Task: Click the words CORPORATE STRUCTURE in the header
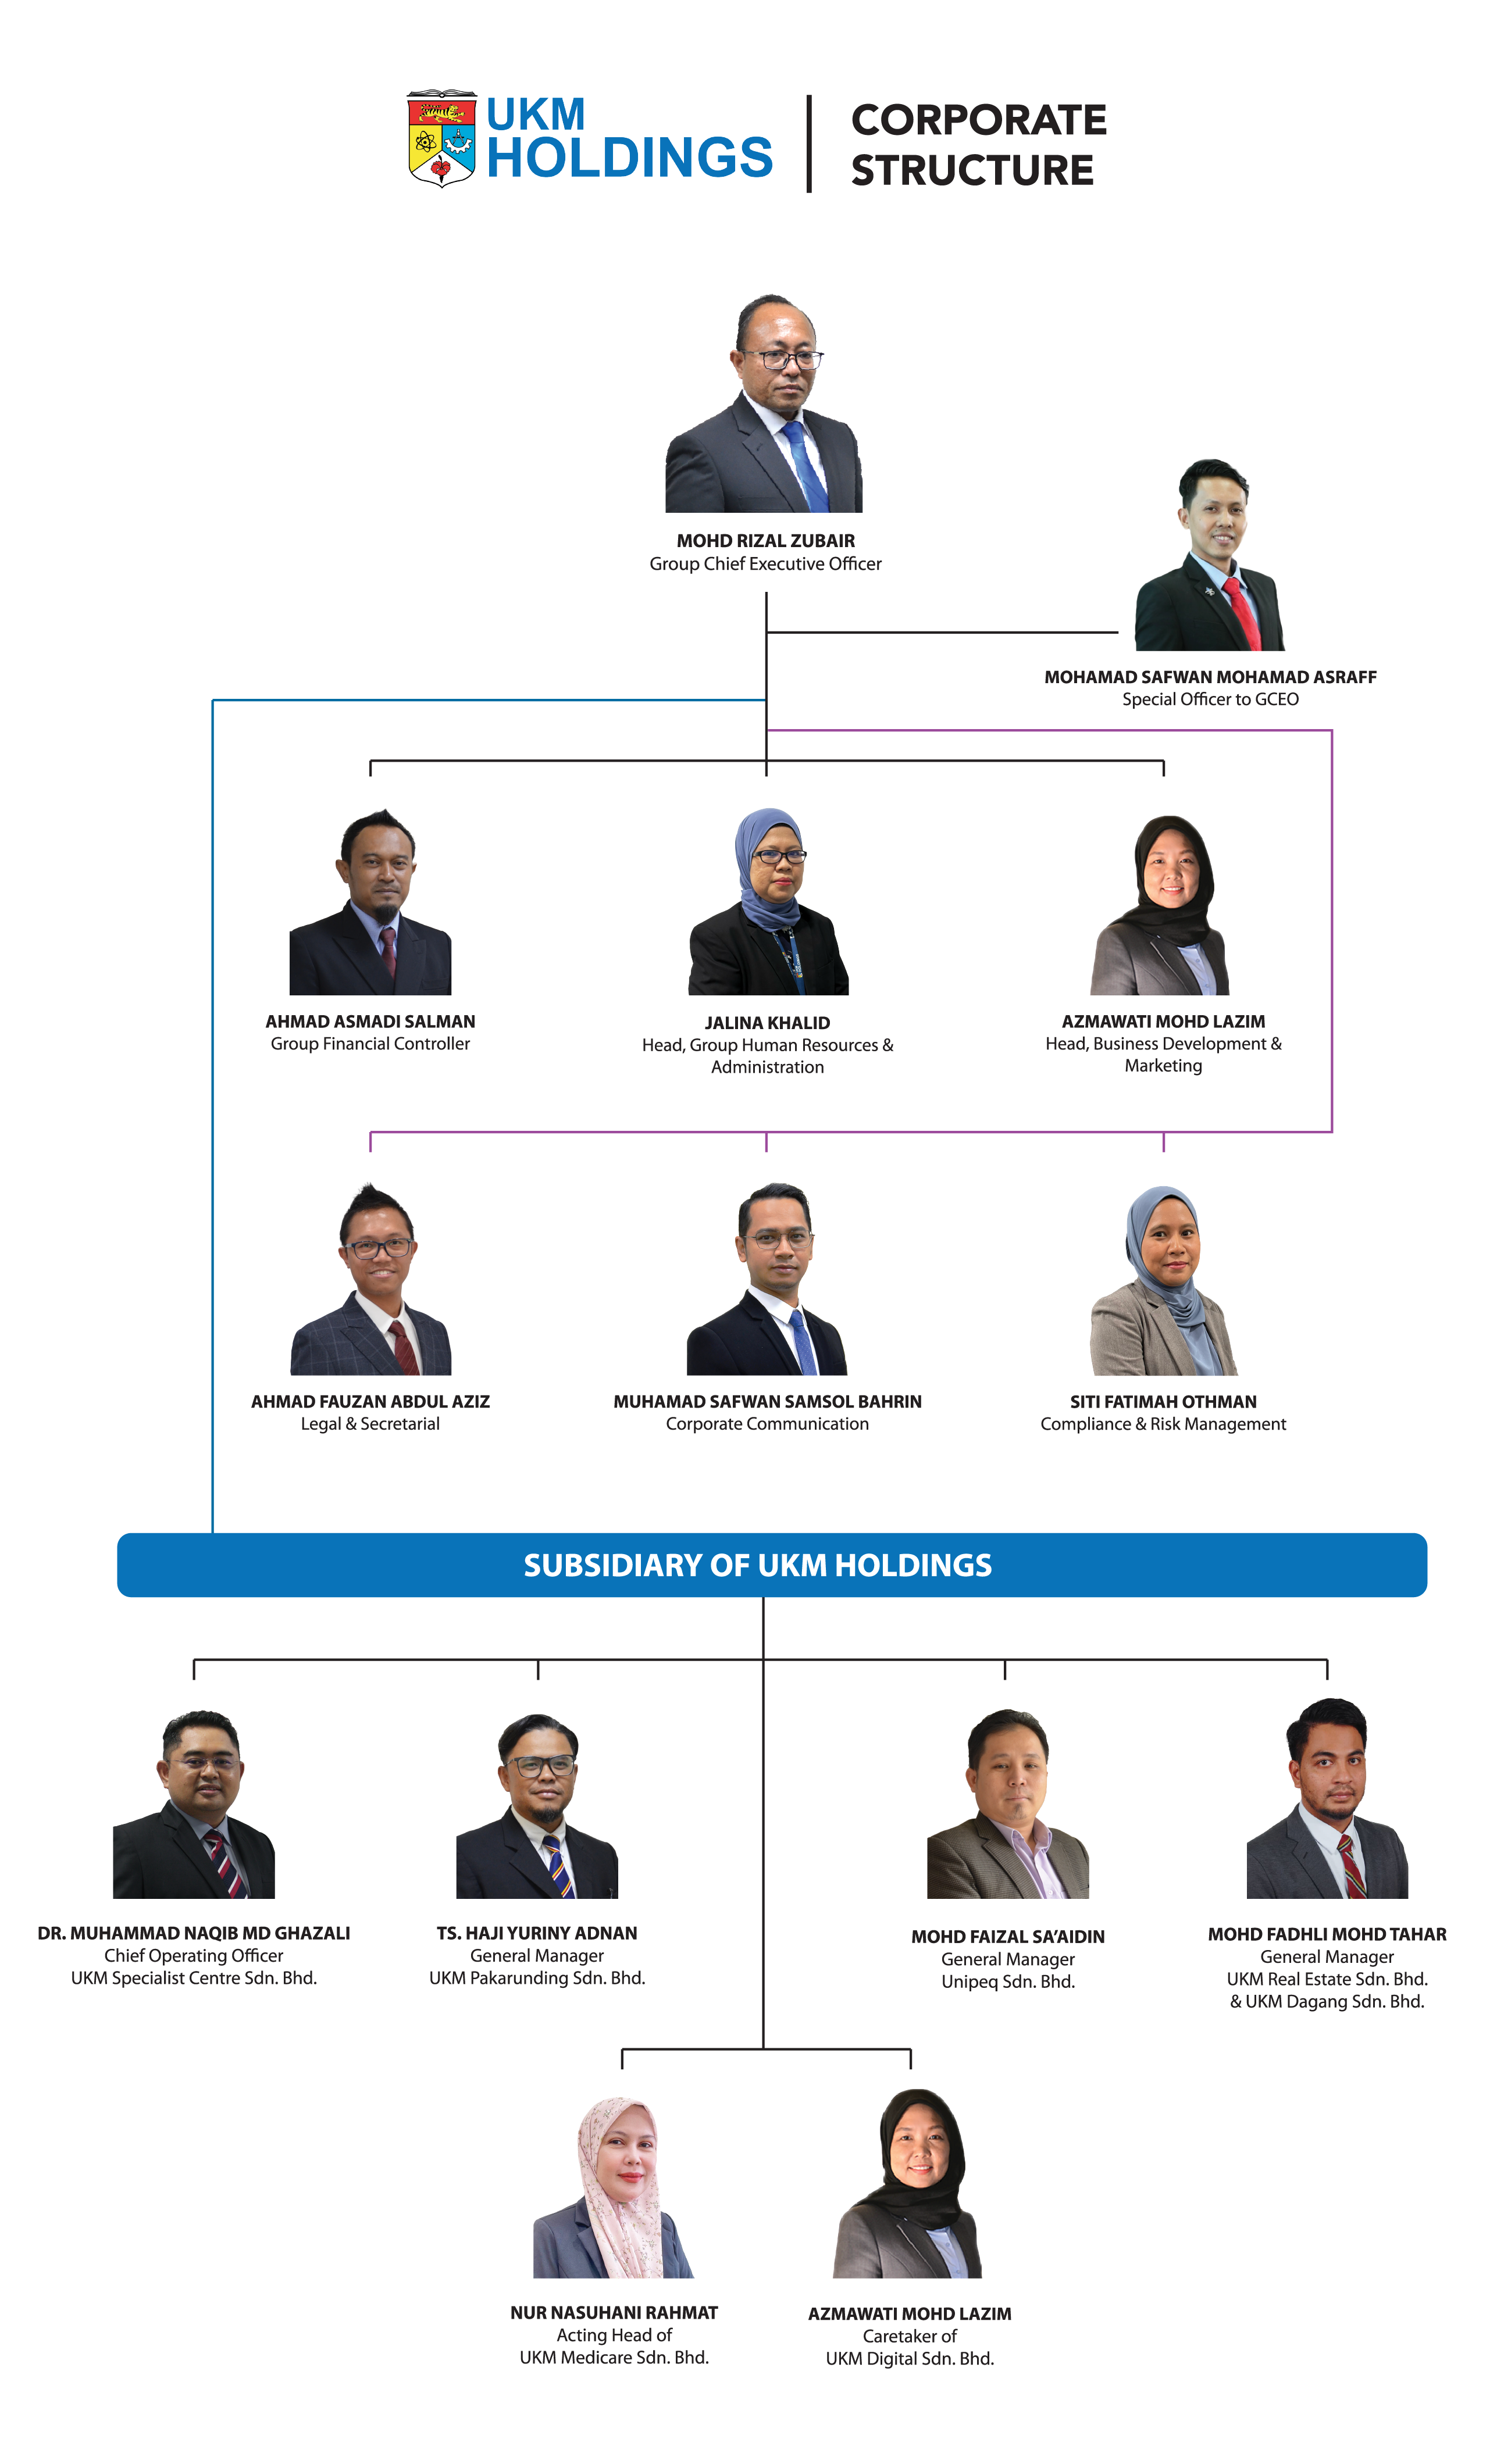tap(978, 145)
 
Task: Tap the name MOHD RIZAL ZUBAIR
tap(765, 541)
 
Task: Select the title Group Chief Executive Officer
tap(765, 564)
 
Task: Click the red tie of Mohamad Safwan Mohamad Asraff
tap(1241, 613)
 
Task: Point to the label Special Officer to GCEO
tap(1210, 700)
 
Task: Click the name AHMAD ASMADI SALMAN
tap(370, 1022)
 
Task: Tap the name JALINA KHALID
tap(767, 1023)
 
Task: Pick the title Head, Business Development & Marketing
tap(1163, 1054)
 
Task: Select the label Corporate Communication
tap(767, 1424)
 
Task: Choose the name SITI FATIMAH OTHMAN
tap(1163, 1402)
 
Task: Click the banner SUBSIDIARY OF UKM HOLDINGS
tap(771, 1566)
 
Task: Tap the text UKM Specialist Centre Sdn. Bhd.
tap(194, 1979)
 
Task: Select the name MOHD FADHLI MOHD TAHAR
tap(1327, 1935)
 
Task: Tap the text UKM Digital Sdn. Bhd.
tap(910, 2359)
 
